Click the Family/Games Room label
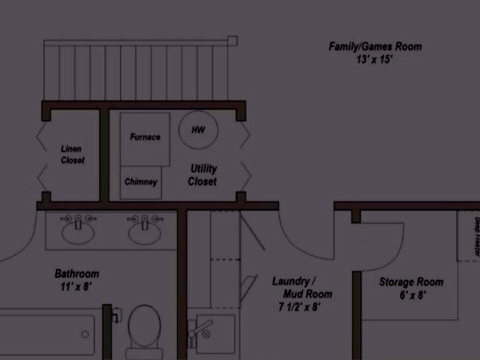point(375,47)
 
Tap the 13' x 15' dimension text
point(374,60)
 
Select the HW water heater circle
point(198,130)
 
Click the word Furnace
point(145,137)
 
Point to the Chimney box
point(141,183)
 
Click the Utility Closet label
point(202,175)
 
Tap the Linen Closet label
point(72,155)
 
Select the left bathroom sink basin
point(78,233)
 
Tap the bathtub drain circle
point(85,334)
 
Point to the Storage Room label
point(411,282)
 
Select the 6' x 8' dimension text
point(412,295)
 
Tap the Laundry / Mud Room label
point(302,288)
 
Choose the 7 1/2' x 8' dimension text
point(300,307)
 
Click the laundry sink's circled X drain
point(206,334)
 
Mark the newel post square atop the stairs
point(232,41)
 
